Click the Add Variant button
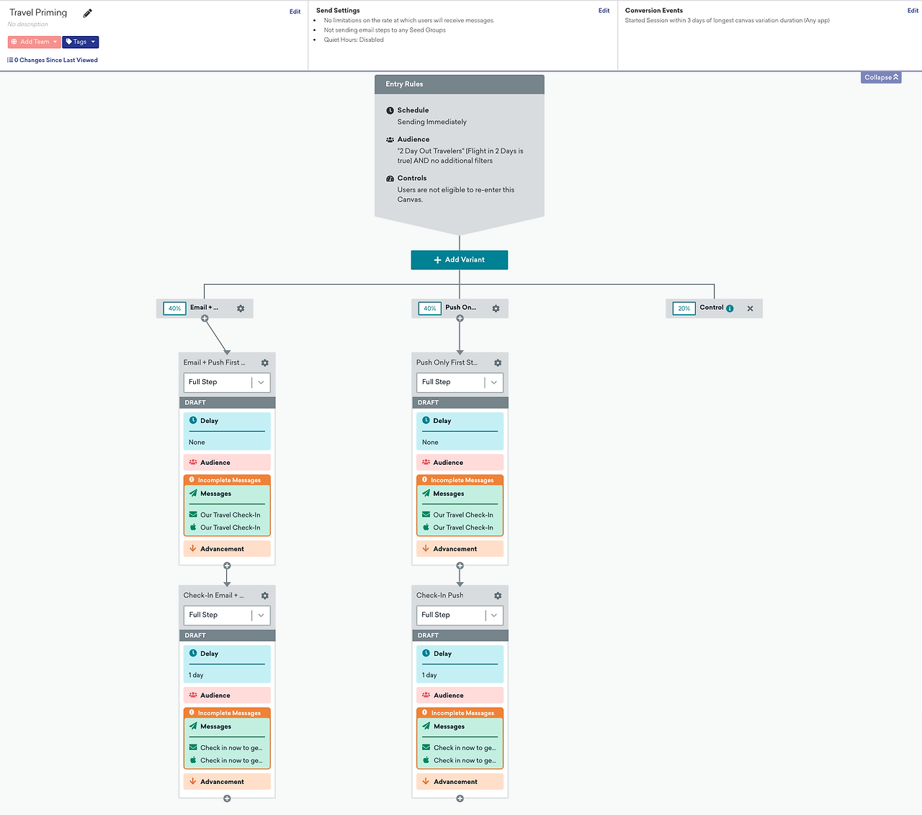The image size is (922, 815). click(x=459, y=259)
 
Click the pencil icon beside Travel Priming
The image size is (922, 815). click(x=87, y=13)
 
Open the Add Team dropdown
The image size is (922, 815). click(x=34, y=42)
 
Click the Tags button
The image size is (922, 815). click(x=81, y=42)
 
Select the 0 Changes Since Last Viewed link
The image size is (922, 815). click(x=53, y=60)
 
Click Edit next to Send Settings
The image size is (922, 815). click(x=604, y=11)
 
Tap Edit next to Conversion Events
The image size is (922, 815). click(x=913, y=11)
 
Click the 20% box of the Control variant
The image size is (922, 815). click(x=684, y=308)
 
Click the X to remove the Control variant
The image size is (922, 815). click(x=750, y=308)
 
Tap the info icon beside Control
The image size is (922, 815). click(x=730, y=308)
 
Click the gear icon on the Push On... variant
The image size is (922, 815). click(x=496, y=308)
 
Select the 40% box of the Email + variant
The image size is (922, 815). click(x=174, y=308)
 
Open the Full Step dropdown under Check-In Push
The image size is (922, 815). click(x=460, y=615)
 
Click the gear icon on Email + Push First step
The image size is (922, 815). click(x=265, y=362)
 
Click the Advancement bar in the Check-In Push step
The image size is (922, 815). click(x=460, y=781)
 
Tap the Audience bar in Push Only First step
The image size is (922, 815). click(x=460, y=462)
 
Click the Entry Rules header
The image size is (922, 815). click(x=459, y=84)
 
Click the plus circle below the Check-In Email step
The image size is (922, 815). click(x=227, y=798)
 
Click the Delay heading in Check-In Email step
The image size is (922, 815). click(x=210, y=654)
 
